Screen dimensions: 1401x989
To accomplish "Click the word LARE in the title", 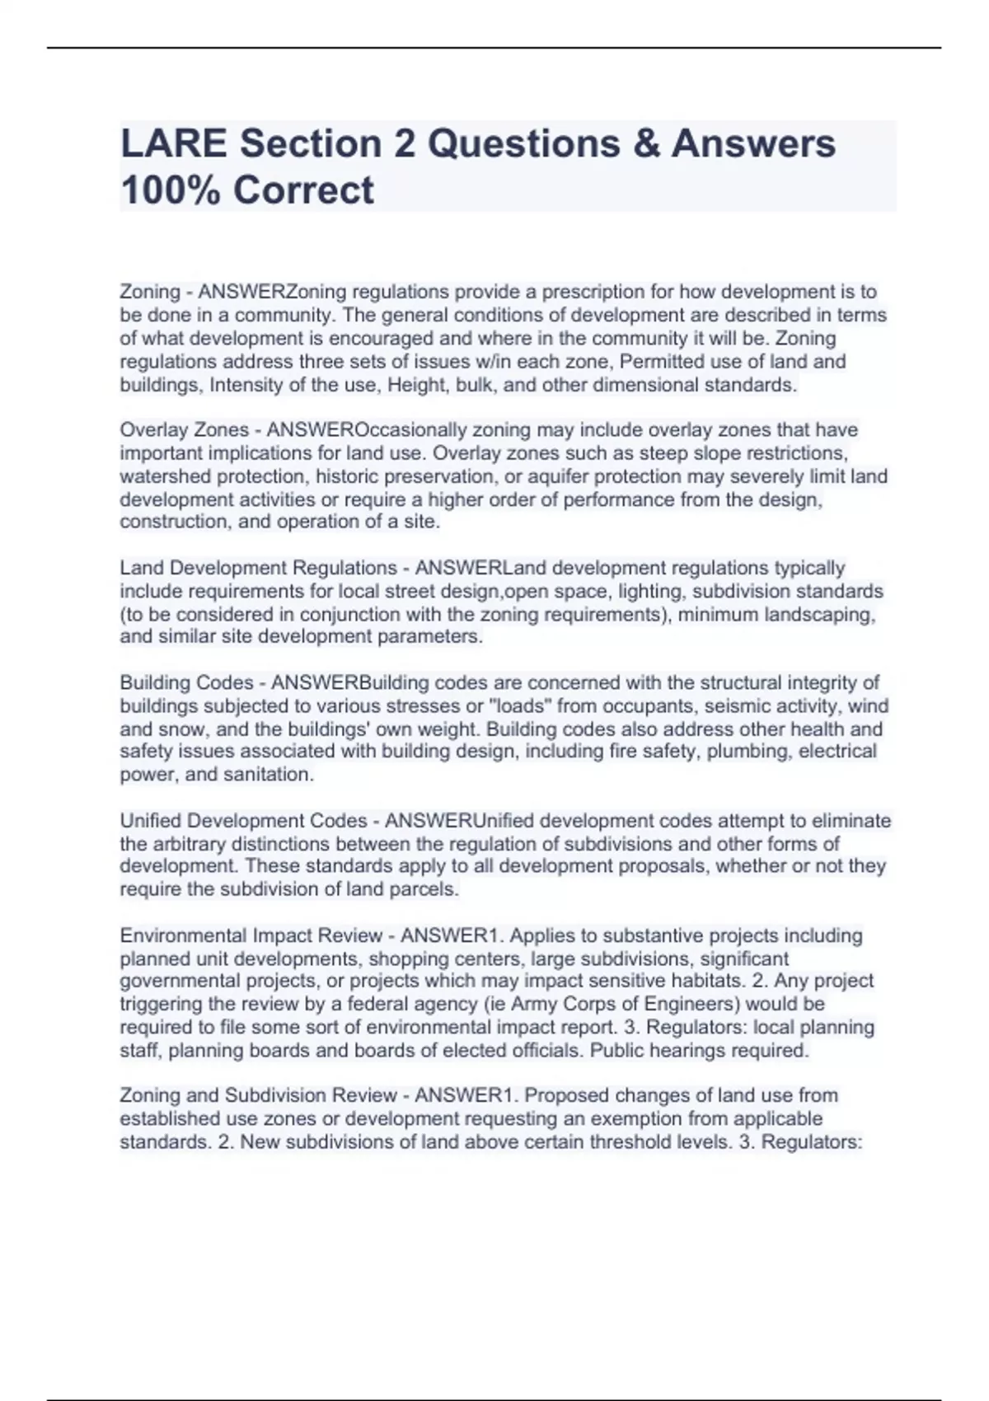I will tap(174, 143).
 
